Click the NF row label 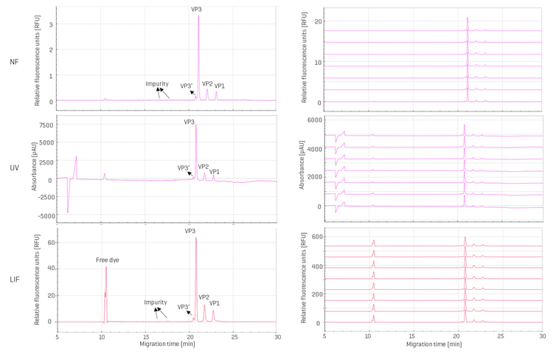click(14, 62)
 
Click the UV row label click(14, 168)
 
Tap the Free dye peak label click(107, 260)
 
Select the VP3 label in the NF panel click(196, 10)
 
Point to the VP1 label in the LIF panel click(214, 303)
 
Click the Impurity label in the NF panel click(157, 84)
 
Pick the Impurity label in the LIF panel click(156, 302)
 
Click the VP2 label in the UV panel click(204, 167)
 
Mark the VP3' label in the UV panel click(184, 168)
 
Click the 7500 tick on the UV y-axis click(44, 125)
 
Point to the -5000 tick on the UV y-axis click(43, 216)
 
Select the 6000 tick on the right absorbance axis click(313, 120)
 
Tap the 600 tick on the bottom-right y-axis click(316, 236)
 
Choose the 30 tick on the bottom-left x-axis click(277, 336)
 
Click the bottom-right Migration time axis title click(434, 345)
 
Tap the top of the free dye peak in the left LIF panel click(106, 266)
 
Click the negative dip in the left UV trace click(68, 212)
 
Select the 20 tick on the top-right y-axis click(317, 21)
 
